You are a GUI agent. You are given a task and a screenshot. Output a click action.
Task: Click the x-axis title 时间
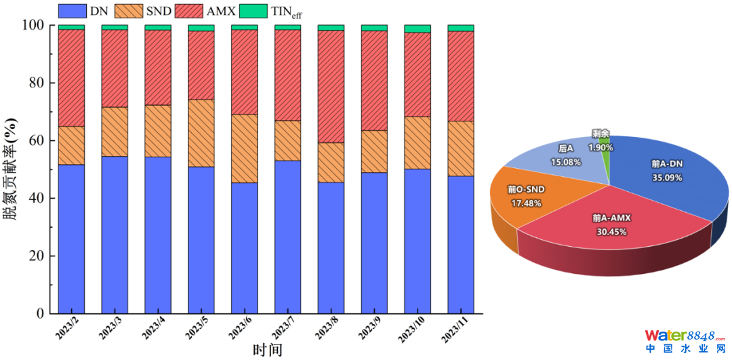[x=266, y=350]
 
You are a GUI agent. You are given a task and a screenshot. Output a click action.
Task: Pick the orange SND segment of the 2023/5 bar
[x=201, y=133]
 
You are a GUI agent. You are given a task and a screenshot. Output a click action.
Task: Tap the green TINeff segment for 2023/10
[x=418, y=28]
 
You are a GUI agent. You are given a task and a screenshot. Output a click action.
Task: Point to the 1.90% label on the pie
[x=601, y=147]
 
